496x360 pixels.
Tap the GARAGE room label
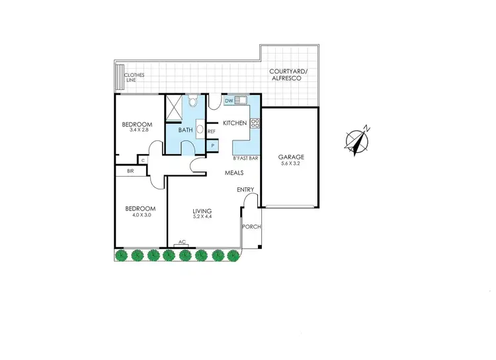tap(290, 157)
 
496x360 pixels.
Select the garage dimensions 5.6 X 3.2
tap(290, 163)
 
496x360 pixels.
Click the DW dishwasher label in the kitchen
tap(229, 101)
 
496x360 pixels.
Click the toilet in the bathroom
tap(192, 101)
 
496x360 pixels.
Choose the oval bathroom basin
tap(200, 130)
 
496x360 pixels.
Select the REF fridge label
tap(212, 132)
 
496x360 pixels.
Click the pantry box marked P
tap(213, 144)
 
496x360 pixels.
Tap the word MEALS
tap(234, 173)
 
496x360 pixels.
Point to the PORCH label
tap(252, 227)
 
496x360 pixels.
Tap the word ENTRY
tap(246, 190)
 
